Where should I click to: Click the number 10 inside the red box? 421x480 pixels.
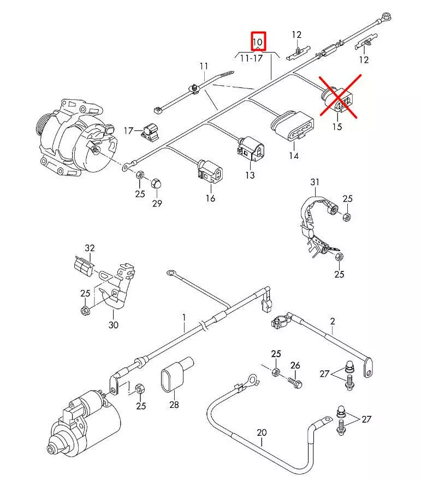(258, 42)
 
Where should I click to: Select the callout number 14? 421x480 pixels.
(294, 156)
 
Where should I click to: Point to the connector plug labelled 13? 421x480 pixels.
(250, 149)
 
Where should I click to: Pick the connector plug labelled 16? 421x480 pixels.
(210, 170)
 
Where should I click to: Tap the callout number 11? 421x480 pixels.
(204, 67)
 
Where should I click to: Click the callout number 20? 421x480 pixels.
(262, 433)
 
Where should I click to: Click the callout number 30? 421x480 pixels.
(113, 325)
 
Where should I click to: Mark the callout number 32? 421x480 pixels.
(90, 248)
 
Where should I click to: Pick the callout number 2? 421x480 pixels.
(332, 322)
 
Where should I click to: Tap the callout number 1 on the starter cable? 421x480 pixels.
(185, 317)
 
